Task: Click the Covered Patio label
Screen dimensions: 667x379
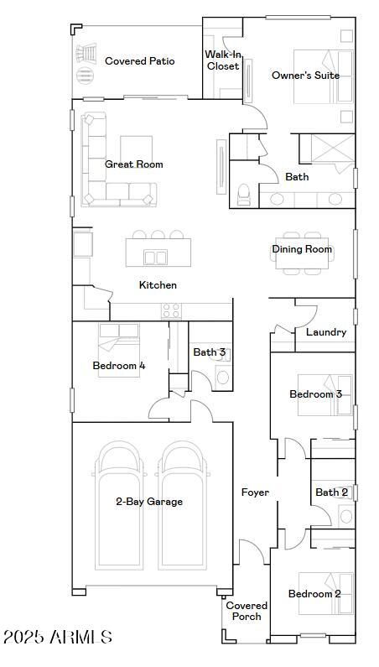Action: (139, 61)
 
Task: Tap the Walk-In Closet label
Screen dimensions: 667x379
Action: (223, 60)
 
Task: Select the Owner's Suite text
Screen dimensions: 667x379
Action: (305, 76)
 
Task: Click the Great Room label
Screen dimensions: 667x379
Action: (134, 164)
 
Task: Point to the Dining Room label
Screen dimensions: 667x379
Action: (302, 249)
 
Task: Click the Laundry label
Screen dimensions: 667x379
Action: (325, 332)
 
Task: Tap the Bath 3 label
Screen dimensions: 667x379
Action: (209, 352)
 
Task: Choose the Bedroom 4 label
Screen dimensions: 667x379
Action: (119, 366)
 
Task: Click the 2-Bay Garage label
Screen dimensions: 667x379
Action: (149, 502)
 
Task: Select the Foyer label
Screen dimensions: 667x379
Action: (255, 492)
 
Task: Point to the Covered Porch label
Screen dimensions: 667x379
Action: (247, 611)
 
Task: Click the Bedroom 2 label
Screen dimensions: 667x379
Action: (314, 594)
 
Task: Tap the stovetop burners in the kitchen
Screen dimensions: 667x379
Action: (171, 310)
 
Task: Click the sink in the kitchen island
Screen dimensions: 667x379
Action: (155, 257)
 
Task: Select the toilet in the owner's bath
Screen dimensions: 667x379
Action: (244, 195)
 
